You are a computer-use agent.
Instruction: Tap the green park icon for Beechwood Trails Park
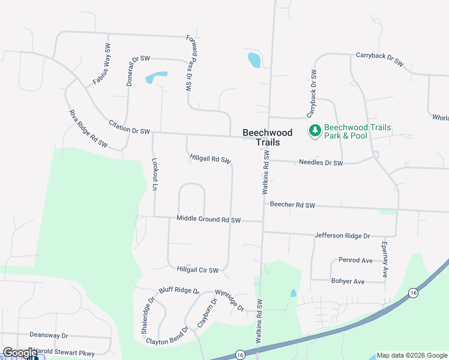tap(315, 131)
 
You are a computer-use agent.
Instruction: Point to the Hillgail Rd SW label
tap(210, 158)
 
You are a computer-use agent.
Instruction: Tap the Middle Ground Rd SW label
tap(208, 220)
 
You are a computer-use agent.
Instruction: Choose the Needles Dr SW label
tap(321, 163)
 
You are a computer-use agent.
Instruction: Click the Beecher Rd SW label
tap(292, 205)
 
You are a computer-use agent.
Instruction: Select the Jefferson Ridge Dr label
tap(342, 236)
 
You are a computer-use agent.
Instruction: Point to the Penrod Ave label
tap(356, 260)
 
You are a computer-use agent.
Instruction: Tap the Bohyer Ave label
tap(348, 281)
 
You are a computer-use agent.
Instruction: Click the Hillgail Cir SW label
tap(197, 270)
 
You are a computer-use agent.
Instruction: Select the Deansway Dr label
tap(48, 336)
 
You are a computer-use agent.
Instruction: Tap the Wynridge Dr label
tap(229, 300)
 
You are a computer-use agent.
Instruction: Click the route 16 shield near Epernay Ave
tap(413, 293)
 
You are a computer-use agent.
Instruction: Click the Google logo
tap(20, 353)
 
